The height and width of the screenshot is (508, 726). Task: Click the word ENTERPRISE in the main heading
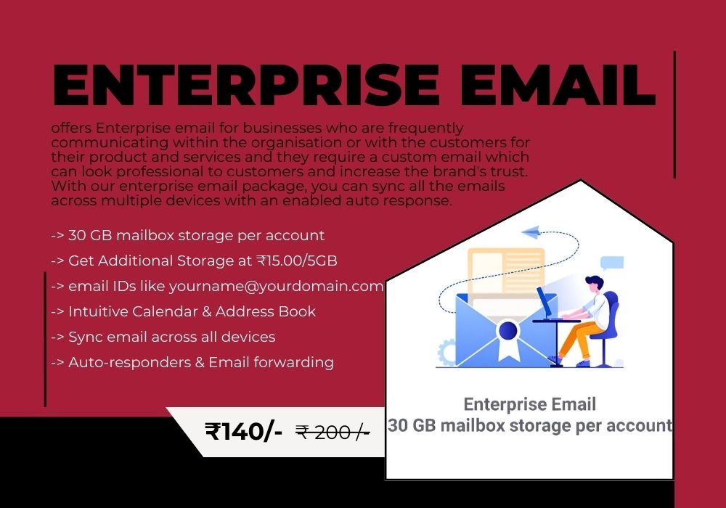click(246, 85)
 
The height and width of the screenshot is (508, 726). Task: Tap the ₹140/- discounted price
click(243, 431)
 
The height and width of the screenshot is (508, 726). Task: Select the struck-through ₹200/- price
click(333, 433)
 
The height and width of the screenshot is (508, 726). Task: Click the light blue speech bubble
click(612, 263)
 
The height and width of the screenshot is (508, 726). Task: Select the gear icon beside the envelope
click(446, 353)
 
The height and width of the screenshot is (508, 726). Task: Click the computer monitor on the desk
click(544, 303)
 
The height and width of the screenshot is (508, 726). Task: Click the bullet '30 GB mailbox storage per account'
click(187, 235)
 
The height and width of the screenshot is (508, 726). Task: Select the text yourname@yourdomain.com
click(276, 287)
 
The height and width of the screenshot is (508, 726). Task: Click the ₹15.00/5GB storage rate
click(297, 261)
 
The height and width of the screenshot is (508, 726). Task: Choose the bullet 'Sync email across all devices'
click(163, 337)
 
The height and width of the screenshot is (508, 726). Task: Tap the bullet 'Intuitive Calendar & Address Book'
click(184, 311)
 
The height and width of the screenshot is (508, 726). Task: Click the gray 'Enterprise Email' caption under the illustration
click(530, 404)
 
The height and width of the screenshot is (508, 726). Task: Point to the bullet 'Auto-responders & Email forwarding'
click(192, 362)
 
